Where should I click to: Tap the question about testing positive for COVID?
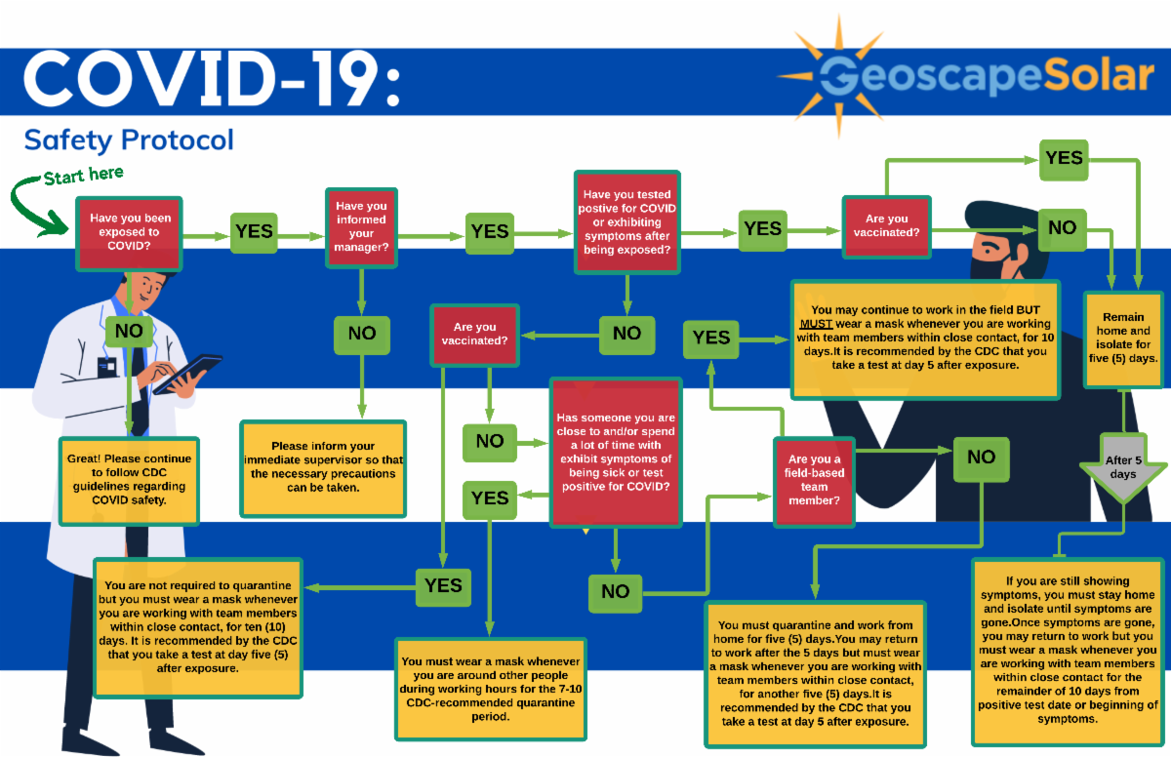pos(626,222)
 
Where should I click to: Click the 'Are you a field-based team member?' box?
pos(814,479)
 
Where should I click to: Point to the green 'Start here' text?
pos(84,177)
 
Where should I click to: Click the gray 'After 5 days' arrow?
pos(1122,466)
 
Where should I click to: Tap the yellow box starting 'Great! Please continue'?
pos(129,481)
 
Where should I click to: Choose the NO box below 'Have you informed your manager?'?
pos(361,334)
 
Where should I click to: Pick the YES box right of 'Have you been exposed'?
pos(254,232)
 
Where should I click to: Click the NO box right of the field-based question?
pos(981,457)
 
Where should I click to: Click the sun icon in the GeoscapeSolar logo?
pos(837,73)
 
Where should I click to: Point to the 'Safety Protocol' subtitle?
pos(129,139)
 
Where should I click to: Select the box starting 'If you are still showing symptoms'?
pos(1068,651)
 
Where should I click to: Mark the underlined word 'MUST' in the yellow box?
pos(817,323)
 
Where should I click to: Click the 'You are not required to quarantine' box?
pos(198,627)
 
